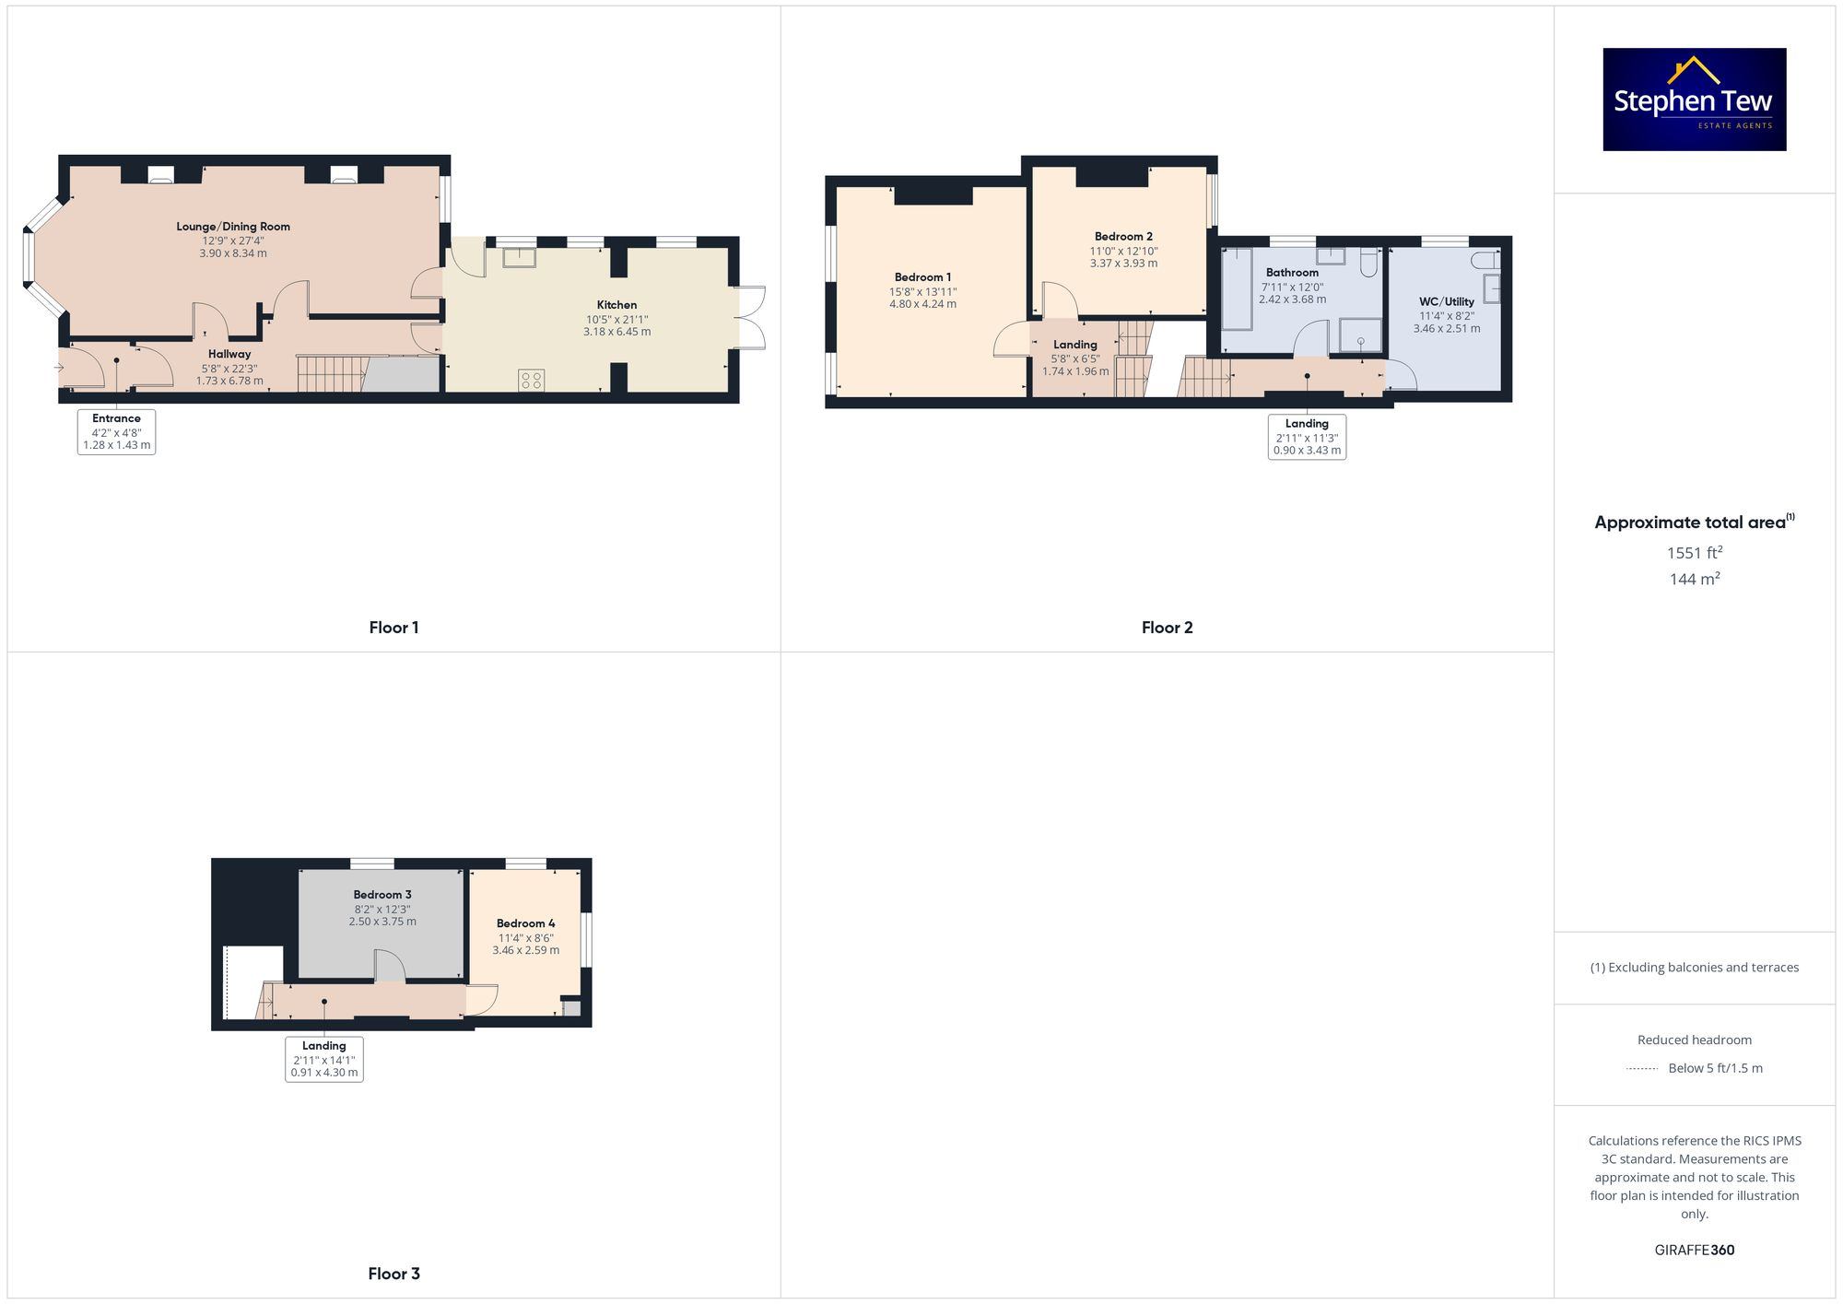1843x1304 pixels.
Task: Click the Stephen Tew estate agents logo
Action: tap(1694, 100)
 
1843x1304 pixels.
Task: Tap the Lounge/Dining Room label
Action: tap(233, 227)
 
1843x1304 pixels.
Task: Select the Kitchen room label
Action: tap(616, 305)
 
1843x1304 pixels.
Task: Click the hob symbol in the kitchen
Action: tap(531, 380)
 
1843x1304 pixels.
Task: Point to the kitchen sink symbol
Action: tap(519, 257)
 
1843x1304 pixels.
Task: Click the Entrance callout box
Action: tap(116, 431)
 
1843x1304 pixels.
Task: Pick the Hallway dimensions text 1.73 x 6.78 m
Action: tap(229, 381)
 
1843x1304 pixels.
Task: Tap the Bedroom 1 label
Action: tap(922, 277)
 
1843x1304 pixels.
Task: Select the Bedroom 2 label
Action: tap(1123, 237)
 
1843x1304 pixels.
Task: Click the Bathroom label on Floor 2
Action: tap(1292, 273)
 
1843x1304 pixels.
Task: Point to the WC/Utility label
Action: tap(1446, 301)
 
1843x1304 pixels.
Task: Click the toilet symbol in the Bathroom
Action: tap(1368, 262)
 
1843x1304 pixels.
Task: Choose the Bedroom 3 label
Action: tap(382, 895)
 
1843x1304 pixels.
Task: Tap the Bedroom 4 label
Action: tap(525, 923)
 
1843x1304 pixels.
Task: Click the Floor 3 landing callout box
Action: tap(324, 1059)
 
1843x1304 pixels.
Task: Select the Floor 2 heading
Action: tap(1167, 628)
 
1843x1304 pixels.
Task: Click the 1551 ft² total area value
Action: tap(1694, 553)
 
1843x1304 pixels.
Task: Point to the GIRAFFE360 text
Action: tap(1694, 1251)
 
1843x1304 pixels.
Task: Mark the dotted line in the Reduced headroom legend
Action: tap(1642, 1069)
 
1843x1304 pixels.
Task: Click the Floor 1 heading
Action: tap(393, 628)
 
